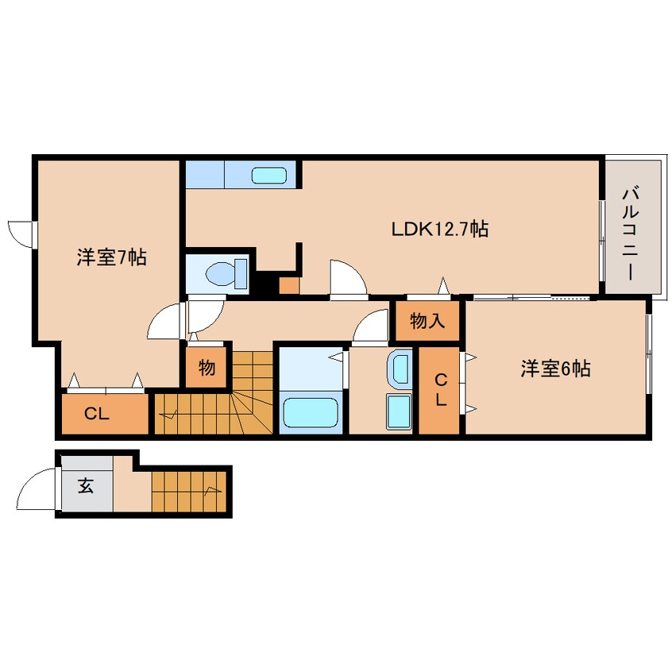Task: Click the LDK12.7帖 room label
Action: (x=439, y=230)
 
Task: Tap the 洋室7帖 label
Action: (x=111, y=257)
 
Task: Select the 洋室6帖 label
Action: (x=555, y=369)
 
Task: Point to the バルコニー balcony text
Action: (x=632, y=231)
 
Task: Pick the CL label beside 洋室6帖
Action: (x=439, y=391)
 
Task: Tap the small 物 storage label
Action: (x=207, y=368)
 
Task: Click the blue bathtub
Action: (x=311, y=413)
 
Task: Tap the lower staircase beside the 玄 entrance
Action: (x=191, y=491)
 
